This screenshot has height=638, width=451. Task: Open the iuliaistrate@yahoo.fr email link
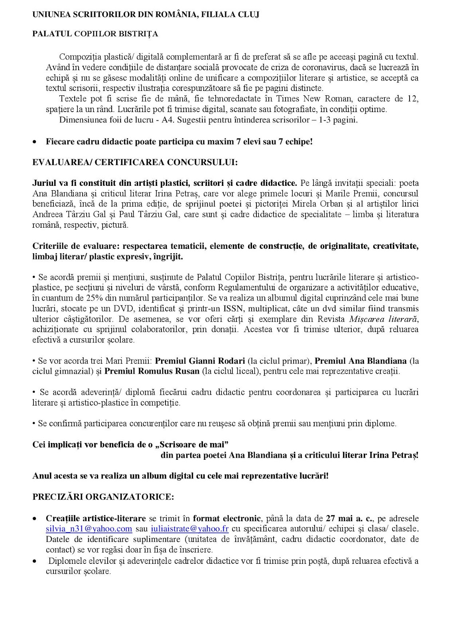point(190,529)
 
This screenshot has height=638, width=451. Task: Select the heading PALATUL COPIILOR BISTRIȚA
point(95,34)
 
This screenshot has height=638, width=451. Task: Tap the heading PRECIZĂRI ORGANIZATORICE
point(103,497)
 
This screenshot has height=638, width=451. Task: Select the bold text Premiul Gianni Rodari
point(200,361)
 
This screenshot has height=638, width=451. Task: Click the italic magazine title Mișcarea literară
point(384,319)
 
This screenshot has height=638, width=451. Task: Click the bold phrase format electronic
point(226,518)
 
